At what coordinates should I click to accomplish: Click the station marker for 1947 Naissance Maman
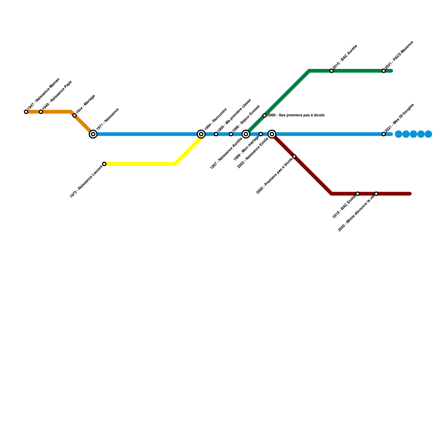click(x=26, y=112)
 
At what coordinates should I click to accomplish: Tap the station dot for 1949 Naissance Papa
click(x=41, y=112)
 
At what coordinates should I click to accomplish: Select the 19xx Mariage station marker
click(x=74, y=115)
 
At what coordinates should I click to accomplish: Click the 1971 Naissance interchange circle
click(x=93, y=134)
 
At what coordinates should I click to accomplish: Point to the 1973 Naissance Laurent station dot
click(x=104, y=164)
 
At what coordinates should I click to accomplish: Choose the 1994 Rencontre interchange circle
click(x=201, y=134)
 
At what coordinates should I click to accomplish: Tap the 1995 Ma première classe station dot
click(x=216, y=134)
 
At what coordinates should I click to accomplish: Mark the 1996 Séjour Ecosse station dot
click(x=231, y=134)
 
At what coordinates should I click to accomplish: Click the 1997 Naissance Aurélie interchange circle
click(x=246, y=134)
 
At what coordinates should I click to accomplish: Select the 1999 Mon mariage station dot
click(x=261, y=134)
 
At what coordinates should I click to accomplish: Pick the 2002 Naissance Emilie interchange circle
click(x=272, y=134)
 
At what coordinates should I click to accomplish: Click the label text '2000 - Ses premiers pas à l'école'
click(x=296, y=115)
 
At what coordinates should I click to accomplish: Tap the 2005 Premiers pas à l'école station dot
click(x=294, y=156)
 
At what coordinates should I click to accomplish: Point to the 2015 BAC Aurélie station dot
click(x=331, y=71)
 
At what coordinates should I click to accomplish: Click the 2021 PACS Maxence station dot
click(x=384, y=71)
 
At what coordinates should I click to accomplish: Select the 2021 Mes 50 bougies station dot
click(x=384, y=134)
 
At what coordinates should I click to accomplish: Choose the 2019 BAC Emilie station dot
click(x=357, y=194)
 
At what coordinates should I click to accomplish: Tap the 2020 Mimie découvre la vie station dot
click(x=376, y=194)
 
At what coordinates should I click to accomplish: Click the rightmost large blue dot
click(x=428, y=134)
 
